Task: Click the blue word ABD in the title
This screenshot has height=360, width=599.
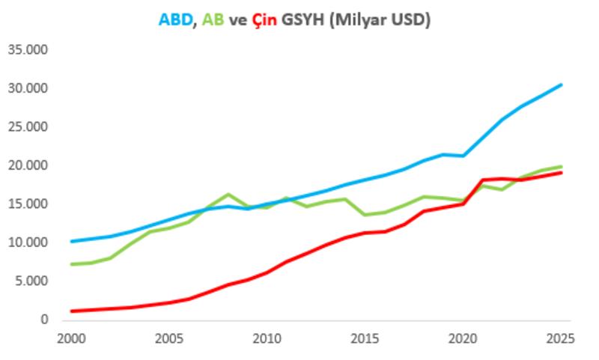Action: (x=175, y=20)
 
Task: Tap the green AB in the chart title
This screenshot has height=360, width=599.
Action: (x=213, y=20)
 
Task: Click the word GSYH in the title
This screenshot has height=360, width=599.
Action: (x=307, y=20)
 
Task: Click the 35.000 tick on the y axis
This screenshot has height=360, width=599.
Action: (x=28, y=50)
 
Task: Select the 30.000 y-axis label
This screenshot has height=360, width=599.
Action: (x=28, y=88)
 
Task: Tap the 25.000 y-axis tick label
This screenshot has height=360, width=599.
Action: (x=28, y=127)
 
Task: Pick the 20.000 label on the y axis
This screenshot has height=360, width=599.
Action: (x=28, y=165)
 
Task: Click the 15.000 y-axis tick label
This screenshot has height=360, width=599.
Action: (x=28, y=204)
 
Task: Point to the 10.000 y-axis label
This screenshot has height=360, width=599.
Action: (x=28, y=242)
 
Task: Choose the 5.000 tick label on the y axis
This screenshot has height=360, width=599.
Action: (x=31, y=281)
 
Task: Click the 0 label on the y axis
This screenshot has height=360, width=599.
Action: (x=44, y=320)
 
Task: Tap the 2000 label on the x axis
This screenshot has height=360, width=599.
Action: (x=71, y=338)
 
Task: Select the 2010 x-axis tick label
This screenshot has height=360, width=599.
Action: (x=267, y=338)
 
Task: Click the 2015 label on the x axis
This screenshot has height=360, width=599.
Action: (x=365, y=338)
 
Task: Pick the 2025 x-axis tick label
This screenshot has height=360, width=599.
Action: (x=561, y=338)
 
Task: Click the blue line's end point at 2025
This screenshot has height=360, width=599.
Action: (x=562, y=85)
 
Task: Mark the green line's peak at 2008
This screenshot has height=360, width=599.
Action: (x=228, y=195)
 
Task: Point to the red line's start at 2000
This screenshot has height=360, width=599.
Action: (x=71, y=311)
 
